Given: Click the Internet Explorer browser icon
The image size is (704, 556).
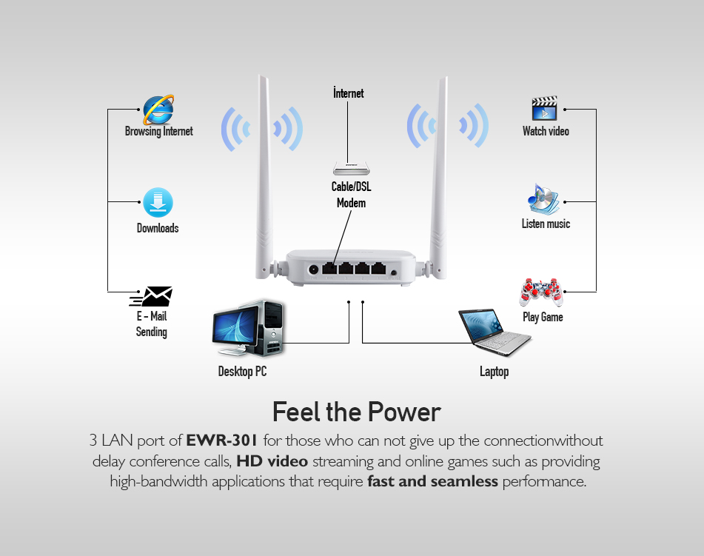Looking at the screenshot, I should click(158, 110).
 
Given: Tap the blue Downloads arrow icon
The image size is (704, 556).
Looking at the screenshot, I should click(158, 203).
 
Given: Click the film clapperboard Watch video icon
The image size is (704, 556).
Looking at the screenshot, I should click(544, 108).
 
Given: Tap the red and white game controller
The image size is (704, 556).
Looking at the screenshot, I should click(542, 292).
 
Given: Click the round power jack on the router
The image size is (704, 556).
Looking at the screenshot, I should click(313, 270).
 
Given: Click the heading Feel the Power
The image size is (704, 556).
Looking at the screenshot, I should click(356, 412).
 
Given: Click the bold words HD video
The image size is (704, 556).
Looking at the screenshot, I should click(272, 461).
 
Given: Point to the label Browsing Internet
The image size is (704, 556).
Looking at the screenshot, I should click(158, 132).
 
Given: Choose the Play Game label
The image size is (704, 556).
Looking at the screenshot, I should click(543, 317).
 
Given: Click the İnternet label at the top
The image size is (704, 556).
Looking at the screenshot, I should click(348, 93).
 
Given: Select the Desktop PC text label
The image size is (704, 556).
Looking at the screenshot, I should click(242, 372).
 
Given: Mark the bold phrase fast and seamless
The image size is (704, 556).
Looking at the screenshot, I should click(432, 482).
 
